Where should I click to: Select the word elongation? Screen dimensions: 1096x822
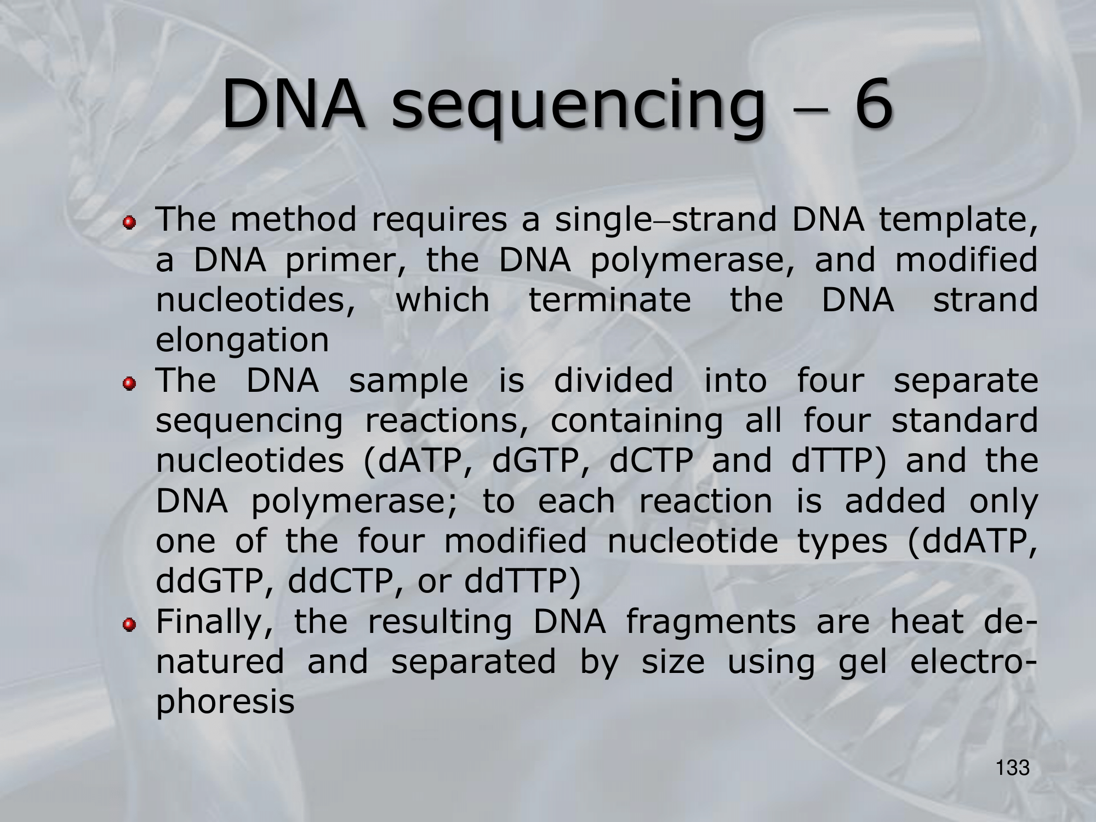tap(242, 341)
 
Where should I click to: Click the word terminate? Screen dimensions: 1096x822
tap(609, 300)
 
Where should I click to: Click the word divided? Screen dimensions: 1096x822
tap(614, 380)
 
